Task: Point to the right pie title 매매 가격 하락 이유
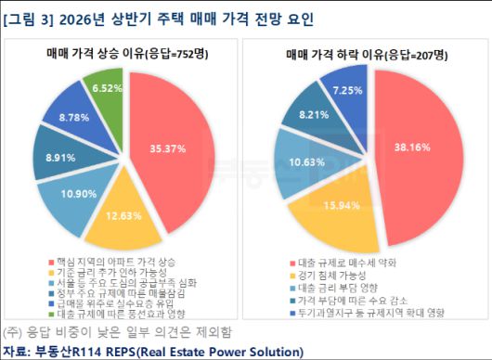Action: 343,55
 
